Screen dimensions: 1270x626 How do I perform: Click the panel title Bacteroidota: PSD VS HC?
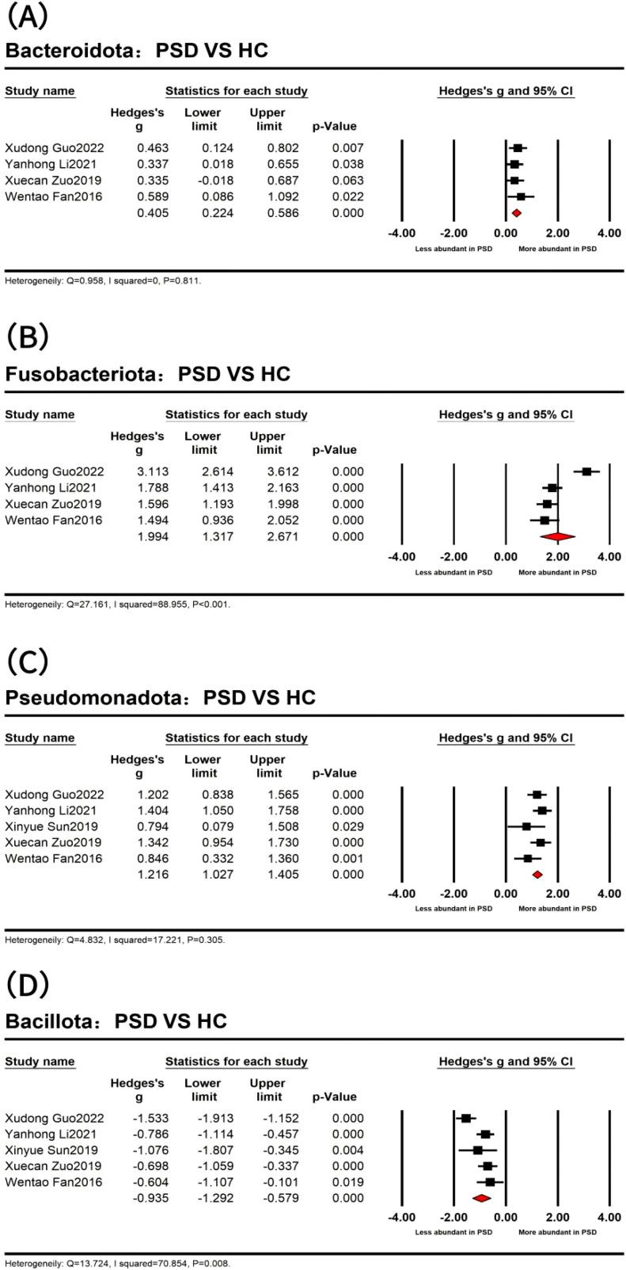pyautogui.click(x=136, y=51)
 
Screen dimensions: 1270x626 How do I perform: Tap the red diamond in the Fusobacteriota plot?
pyautogui.click(x=557, y=536)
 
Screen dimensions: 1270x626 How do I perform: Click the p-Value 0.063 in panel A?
pyautogui.click(x=348, y=181)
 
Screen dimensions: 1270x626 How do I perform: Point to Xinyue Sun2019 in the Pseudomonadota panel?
pyautogui.click(x=51, y=826)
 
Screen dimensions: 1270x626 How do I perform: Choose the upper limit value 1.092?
pyautogui.click(x=283, y=196)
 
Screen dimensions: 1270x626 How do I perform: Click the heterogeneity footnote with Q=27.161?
pyautogui.click(x=117, y=604)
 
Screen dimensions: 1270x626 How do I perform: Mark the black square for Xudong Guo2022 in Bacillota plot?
pyautogui.click(x=466, y=1118)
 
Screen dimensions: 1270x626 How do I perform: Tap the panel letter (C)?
pyautogui.click(x=27, y=661)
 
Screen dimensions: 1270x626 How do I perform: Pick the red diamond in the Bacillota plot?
pyautogui.click(x=481, y=1198)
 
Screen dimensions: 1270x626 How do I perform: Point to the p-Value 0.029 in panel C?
pyautogui.click(x=348, y=826)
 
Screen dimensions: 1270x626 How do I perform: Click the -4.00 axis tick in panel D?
pyautogui.click(x=401, y=1217)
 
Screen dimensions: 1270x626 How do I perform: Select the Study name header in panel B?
pyautogui.click(x=40, y=414)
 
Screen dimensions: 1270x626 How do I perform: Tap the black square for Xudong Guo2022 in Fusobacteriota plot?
pyautogui.click(x=586, y=471)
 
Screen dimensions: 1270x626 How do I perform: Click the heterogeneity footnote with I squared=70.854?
pyautogui.click(x=117, y=1264)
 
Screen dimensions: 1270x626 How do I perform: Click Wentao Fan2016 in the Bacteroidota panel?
pyautogui.click(x=53, y=196)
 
